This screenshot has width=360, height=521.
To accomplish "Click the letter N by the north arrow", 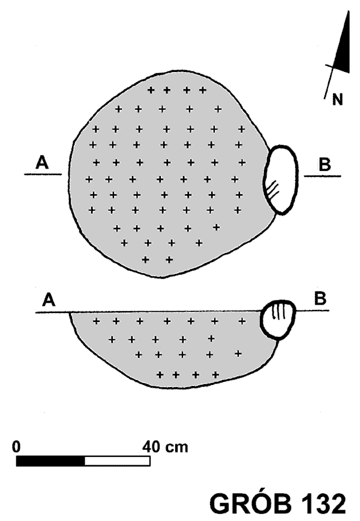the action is click(x=337, y=100).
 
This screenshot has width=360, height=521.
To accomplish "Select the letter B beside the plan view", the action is click(x=325, y=164).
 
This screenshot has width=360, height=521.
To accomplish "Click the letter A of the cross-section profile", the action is click(x=49, y=300).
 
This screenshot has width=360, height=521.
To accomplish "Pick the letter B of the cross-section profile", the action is click(x=320, y=299).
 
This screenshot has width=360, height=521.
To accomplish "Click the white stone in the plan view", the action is click(x=280, y=180).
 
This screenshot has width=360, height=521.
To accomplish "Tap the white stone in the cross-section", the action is click(x=278, y=320).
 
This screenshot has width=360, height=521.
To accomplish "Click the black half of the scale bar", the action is click(x=50, y=461).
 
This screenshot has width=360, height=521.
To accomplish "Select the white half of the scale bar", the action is click(x=118, y=461).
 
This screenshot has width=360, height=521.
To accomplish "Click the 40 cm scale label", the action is click(x=166, y=447).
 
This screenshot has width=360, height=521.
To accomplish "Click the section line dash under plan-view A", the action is click(x=43, y=174).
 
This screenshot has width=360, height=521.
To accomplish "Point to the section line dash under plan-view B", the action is click(x=322, y=176).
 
